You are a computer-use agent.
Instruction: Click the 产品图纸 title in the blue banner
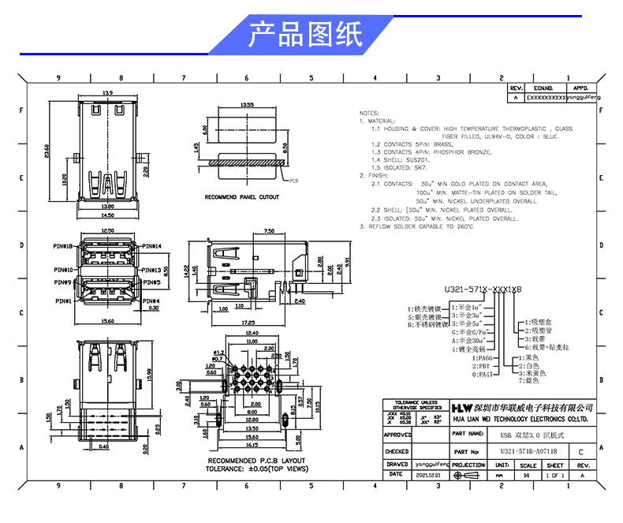click(305, 34)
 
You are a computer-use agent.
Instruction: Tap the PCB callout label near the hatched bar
click(293, 181)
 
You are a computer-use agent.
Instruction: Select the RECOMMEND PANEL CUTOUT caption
click(241, 197)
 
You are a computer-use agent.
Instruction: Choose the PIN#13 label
click(151, 270)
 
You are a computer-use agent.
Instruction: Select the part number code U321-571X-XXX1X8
click(483, 290)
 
